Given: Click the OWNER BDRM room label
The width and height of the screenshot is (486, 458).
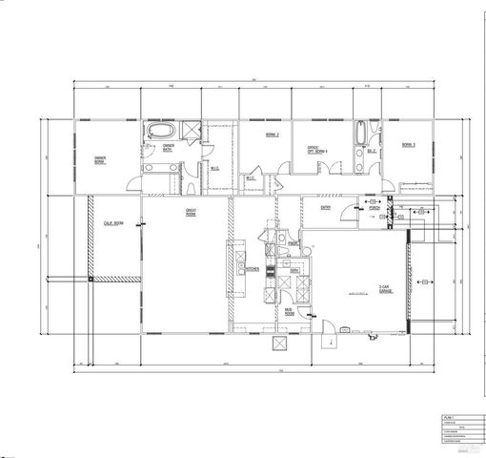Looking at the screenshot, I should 99,158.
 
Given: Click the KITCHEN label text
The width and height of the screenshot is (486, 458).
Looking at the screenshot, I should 252,269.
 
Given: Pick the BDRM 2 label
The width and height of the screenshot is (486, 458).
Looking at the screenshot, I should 271,135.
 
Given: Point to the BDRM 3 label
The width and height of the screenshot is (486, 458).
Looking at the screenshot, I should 407,144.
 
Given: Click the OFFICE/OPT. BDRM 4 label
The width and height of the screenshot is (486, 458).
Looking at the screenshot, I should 317,149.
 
